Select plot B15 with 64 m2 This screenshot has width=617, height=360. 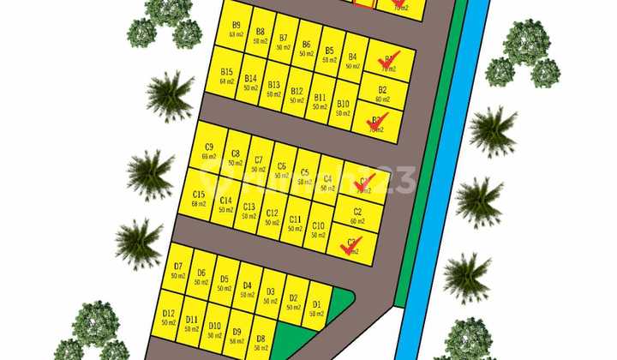tap(226, 76)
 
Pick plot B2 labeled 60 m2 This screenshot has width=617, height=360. tap(382, 93)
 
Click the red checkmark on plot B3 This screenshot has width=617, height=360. tap(376, 122)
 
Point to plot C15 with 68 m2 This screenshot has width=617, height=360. tap(199, 198)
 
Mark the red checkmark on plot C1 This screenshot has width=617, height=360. tap(365, 182)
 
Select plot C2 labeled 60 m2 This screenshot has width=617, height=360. tap(357, 214)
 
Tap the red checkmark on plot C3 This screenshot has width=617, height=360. tap(350, 246)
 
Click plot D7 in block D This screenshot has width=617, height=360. tap(178, 271)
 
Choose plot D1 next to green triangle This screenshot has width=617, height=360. tap(316, 308)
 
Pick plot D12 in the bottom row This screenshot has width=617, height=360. tap(169, 318)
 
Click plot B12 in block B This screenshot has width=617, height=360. tap(297, 95)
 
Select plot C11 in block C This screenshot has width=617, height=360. tap(295, 224)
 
